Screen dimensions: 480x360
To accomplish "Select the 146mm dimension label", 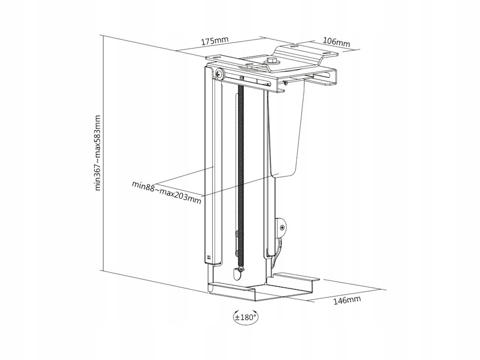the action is click(x=347, y=300).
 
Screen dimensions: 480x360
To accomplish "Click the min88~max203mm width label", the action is click(x=167, y=193).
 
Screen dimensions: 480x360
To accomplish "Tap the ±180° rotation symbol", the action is click(x=245, y=316).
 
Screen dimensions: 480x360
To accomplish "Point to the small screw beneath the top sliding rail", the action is click(x=286, y=82).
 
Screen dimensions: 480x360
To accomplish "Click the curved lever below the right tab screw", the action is click(x=275, y=251).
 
